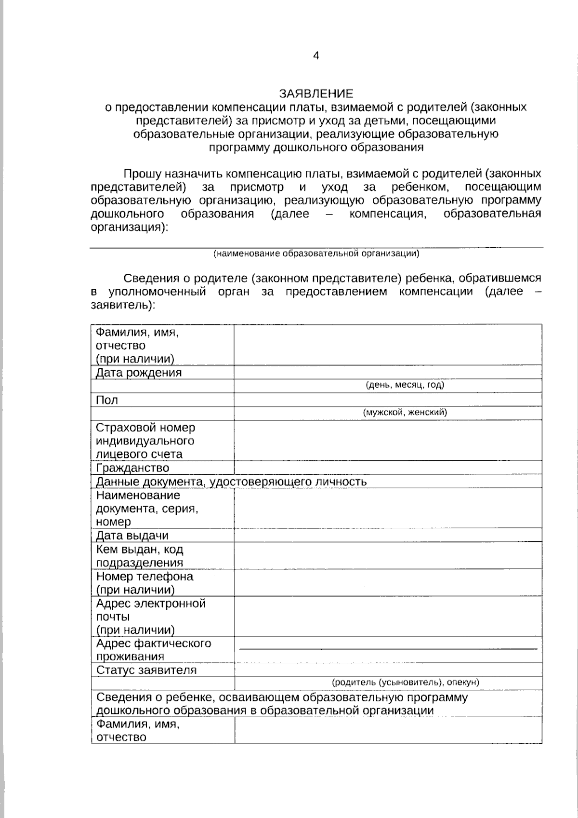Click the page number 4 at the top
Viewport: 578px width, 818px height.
coord(316,56)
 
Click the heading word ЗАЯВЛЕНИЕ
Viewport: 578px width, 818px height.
coord(316,93)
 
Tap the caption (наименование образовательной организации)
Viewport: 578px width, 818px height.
coord(316,253)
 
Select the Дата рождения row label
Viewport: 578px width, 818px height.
coord(139,373)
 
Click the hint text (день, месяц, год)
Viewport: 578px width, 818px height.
coord(405,385)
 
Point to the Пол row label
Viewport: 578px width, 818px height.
coord(107,400)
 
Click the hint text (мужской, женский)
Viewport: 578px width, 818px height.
coord(405,412)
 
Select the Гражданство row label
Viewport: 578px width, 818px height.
coord(132,468)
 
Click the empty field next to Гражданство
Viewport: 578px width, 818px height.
coord(388,468)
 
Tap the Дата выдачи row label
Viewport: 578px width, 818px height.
coord(132,536)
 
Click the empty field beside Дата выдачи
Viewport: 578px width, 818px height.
coord(388,535)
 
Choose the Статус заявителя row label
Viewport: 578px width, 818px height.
coord(146,670)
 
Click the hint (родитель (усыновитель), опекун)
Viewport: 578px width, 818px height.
coord(405,682)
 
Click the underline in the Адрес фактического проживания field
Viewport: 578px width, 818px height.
coord(388,649)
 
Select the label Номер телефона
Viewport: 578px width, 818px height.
coord(144,577)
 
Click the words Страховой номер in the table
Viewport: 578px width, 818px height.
coord(145,428)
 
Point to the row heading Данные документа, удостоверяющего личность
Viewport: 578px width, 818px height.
coord(231,482)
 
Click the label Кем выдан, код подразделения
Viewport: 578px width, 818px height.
coord(140,556)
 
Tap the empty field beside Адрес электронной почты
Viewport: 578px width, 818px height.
coord(388,617)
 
